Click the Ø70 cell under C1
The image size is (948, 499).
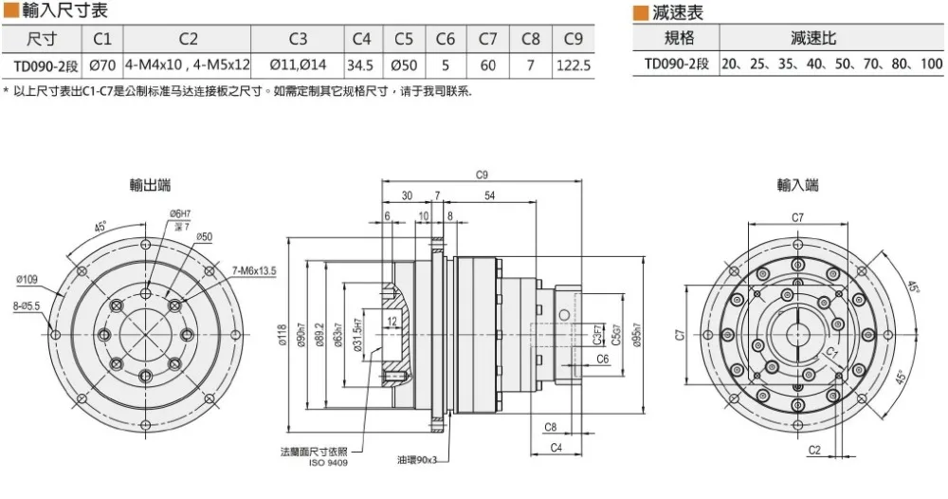click(102, 65)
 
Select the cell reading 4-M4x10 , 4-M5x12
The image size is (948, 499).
click(188, 65)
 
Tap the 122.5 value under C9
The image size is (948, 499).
click(574, 65)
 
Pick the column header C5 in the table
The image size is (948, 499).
click(403, 39)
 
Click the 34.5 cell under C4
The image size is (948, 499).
click(360, 65)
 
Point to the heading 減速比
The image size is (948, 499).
click(813, 38)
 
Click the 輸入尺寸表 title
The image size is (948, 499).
click(64, 9)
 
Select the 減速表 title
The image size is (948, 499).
click(678, 12)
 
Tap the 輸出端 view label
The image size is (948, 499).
click(150, 185)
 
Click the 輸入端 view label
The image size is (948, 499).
click(797, 184)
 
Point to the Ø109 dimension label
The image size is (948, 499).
click(27, 280)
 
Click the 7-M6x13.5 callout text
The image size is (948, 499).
click(254, 271)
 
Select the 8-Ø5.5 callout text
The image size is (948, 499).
click(26, 306)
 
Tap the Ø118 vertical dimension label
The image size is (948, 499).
click(283, 335)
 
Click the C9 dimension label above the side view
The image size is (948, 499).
click(482, 175)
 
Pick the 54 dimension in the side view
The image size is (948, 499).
click(490, 195)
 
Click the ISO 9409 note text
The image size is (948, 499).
click(328, 463)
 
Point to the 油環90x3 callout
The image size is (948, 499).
click(416, 460)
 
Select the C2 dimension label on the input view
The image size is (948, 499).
click(814, 450)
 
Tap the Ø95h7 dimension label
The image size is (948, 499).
click(637, 335)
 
